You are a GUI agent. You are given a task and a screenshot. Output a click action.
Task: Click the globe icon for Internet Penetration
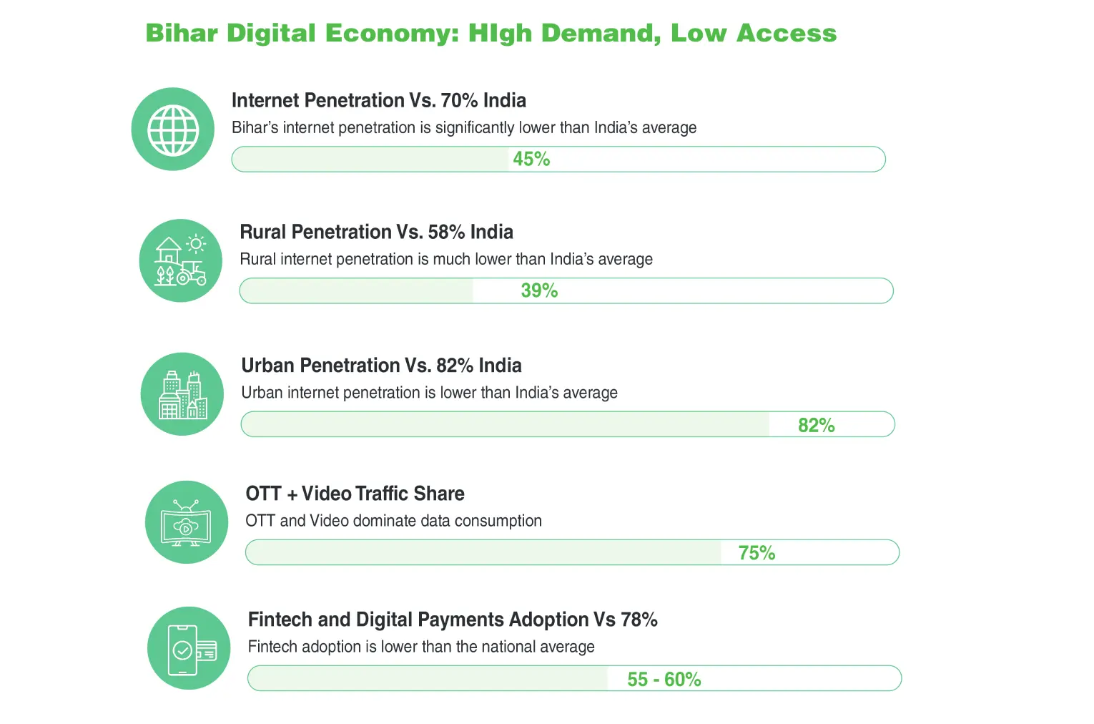(x=173, y=129)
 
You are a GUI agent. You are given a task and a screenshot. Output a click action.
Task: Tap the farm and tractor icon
(x=180, y=261)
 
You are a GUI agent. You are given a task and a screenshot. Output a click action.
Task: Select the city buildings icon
(x=182, y=394)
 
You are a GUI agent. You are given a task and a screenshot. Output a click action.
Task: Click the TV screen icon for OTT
(x=186, y=523)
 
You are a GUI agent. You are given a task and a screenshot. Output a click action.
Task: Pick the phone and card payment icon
(x=189, y=649)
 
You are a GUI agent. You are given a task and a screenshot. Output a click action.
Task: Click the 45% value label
(x=531, y=160)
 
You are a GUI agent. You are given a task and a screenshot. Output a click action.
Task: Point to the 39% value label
(x=539, y=291)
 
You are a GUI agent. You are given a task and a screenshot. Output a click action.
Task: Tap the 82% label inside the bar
(x=816, y=426)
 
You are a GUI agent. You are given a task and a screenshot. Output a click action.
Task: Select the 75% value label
(x=757, y=553)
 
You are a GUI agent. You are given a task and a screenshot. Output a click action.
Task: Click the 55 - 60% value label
(x=664, y=680)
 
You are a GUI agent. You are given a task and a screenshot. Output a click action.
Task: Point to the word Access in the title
(x=786, y=34)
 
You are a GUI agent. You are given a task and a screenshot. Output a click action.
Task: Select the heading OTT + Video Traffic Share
(x=355, y=494)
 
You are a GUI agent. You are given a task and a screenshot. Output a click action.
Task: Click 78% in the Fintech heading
(x=639, y=620)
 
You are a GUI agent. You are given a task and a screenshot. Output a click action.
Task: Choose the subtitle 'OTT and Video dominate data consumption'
(x=393, y=521)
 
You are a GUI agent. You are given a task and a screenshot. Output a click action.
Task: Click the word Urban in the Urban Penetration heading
(x=267, y=366)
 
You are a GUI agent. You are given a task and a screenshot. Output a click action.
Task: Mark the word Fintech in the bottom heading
(x=280, y=620)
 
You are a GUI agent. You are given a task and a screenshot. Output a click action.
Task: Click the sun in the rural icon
(x=196, y=244)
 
